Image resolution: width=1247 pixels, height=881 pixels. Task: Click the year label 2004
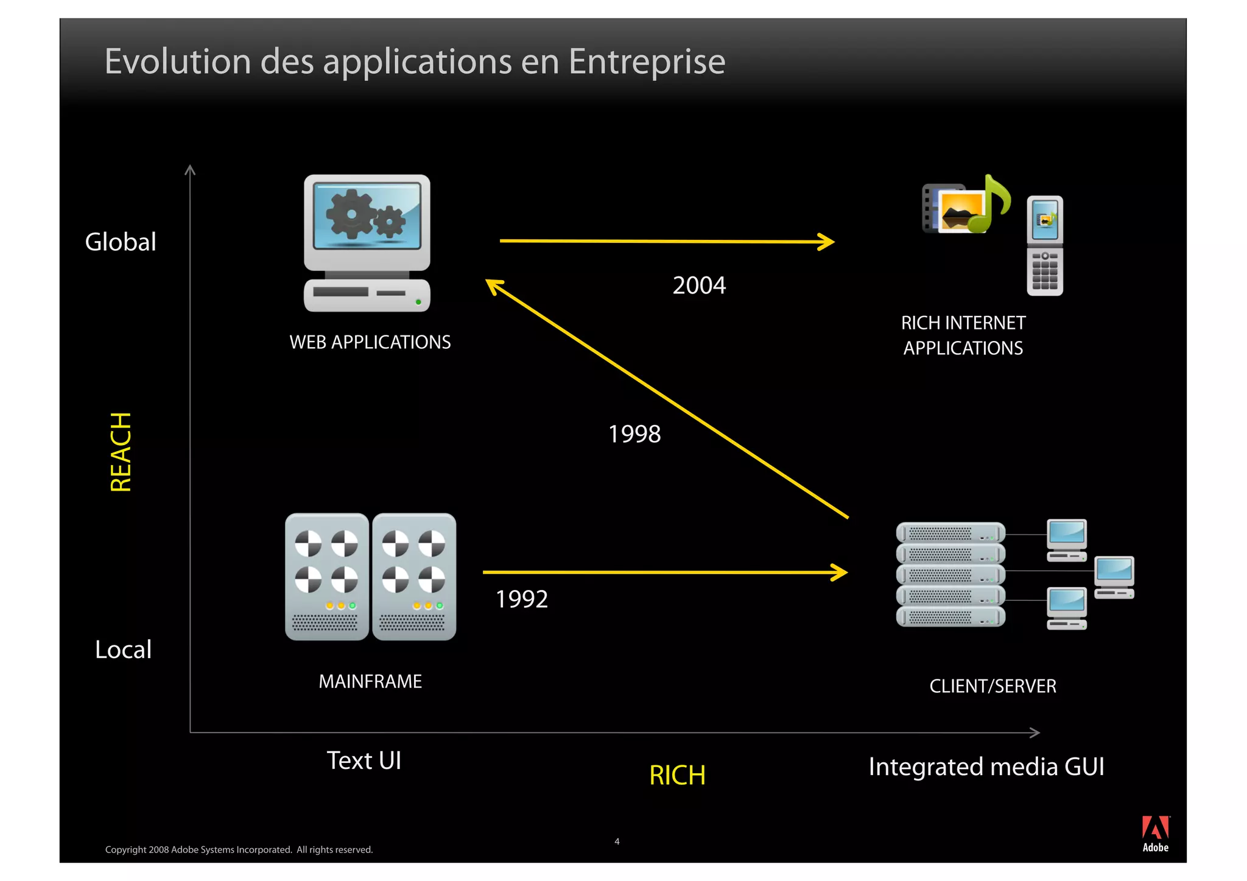click(699, 285)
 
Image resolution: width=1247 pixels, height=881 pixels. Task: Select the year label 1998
click(634, 434)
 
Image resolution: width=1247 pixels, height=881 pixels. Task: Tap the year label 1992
click(522, 599)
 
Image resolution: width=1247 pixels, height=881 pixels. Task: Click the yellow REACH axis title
click(121, 452)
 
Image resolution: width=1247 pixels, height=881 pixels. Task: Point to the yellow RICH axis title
click(677, 775)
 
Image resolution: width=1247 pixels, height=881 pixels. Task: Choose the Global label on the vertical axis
click(121, 242)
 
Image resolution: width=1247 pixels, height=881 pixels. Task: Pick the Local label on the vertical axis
click(123, 650)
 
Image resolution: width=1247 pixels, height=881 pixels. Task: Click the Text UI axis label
click(364, 760)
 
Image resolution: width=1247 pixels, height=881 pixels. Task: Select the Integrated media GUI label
click(986, 767)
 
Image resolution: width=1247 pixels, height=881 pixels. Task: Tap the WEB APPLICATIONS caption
click(370, 342)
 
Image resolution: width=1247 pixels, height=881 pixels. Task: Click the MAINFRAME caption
click(370, 681)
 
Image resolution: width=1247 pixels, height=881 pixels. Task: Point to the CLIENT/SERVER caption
click(992, 686)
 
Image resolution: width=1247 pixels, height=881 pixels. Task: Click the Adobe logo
click(1155, 834)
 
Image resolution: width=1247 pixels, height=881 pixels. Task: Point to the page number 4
click(617, 841)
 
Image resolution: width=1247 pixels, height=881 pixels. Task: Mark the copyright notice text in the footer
click(239, 849)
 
